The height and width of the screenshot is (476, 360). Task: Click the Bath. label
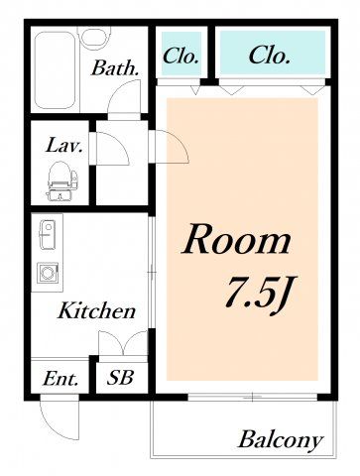coord(115,68)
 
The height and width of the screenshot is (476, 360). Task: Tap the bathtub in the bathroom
coord(55,70)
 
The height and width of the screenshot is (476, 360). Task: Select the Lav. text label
coord(64,146)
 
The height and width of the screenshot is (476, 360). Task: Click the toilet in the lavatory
coord(60,180)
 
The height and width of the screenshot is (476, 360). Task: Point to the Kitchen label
coord(96,310)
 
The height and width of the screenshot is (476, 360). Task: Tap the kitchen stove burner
coord(48,273)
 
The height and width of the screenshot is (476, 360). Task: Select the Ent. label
coord(60,379)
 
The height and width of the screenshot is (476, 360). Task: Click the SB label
coord(120,377)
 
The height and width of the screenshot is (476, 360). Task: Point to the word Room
coord(236,240)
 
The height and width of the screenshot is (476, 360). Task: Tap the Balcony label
coord(281,440)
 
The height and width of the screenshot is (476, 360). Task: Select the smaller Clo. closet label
coord(180,57)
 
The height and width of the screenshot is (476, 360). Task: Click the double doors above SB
coord(123,343)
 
